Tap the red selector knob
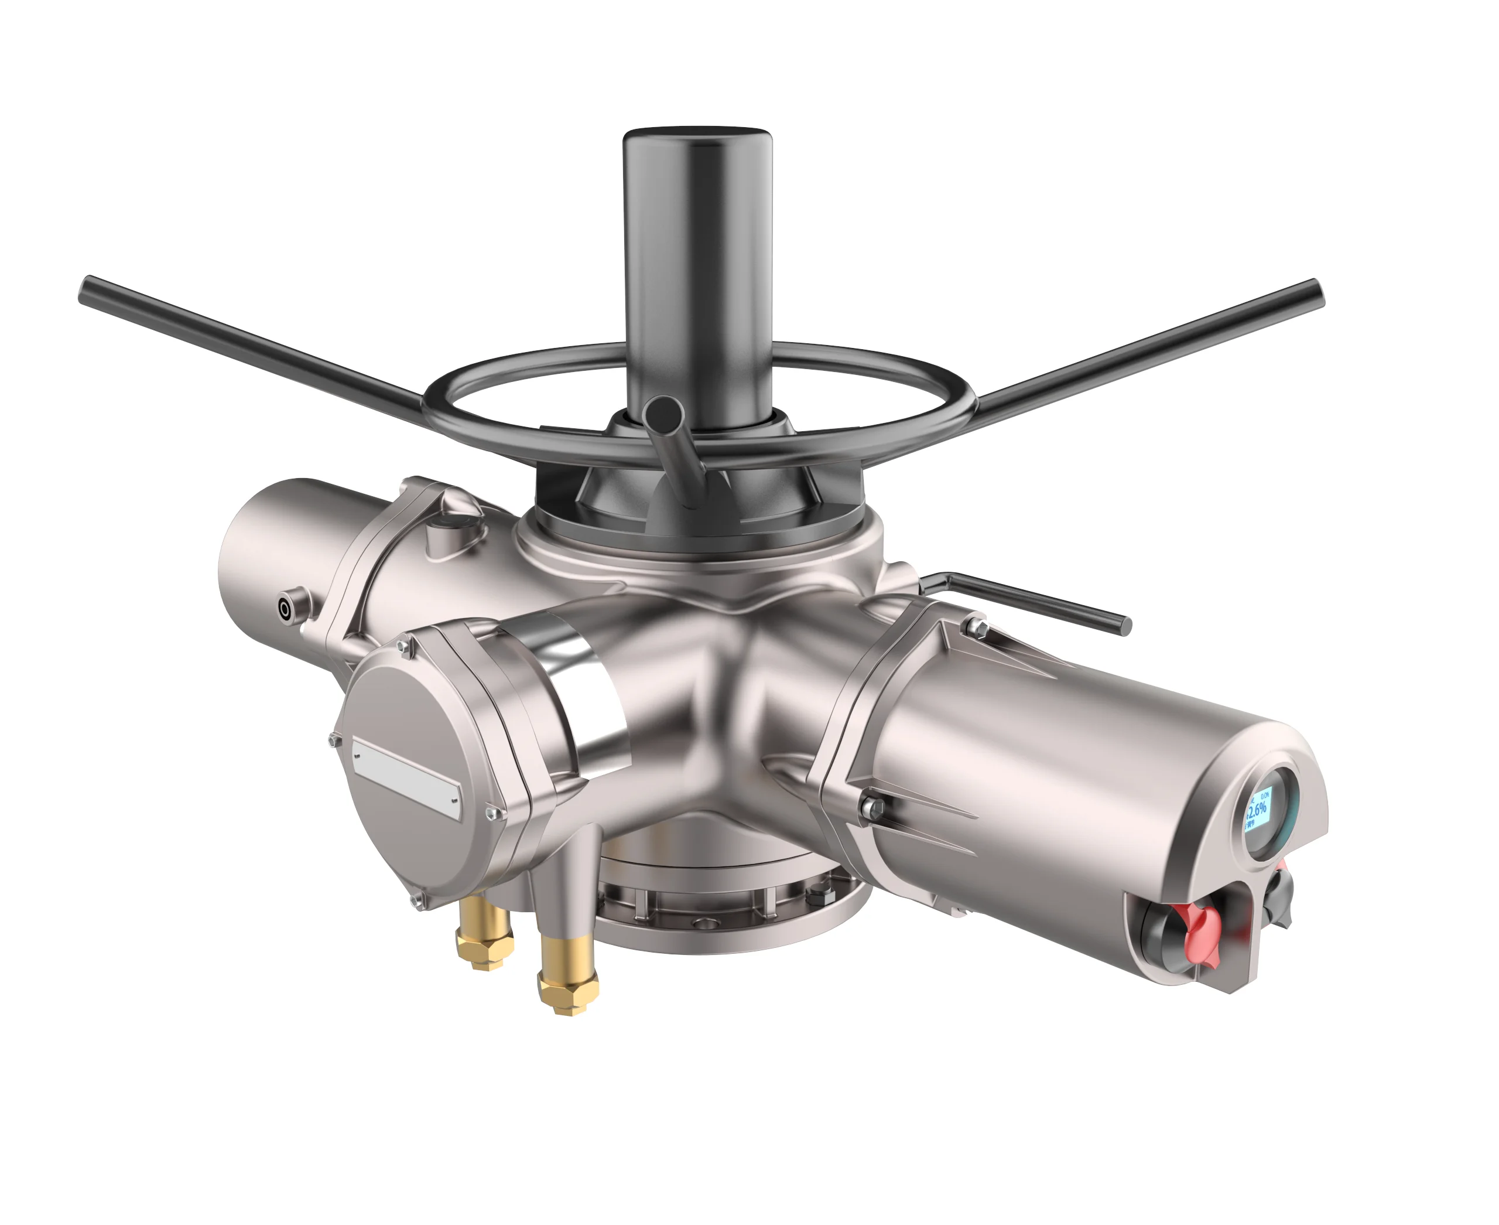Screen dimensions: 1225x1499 point(1200,930)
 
